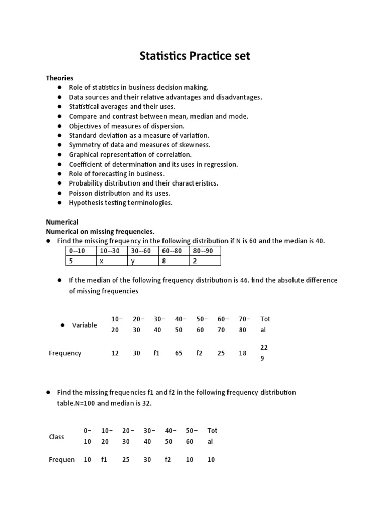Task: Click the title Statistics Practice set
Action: [x=195, y=56]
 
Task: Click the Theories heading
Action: [x=59, y=78]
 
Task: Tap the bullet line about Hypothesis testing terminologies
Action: [x=120, y=203]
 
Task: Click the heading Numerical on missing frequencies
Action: [x=100, y=231]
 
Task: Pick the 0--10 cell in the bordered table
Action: [x=81, y=251]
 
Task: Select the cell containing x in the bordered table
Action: [x=112, y=261]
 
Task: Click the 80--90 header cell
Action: [x=205, y=251]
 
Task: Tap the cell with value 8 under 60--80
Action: [x=174, y=261]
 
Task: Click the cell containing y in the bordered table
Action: [x=143, y=261]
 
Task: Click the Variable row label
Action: [x=84, y=325]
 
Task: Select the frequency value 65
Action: [x=179, y=353]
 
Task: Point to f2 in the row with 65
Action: [x=199, y=353]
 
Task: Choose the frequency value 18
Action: [x=242, y=353]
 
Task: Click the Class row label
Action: [x=56, y=437]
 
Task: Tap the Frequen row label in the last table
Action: [x=61, y=460]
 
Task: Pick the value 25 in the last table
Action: [x=126, y=460]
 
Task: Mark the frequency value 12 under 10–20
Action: [x=115, y=353]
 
